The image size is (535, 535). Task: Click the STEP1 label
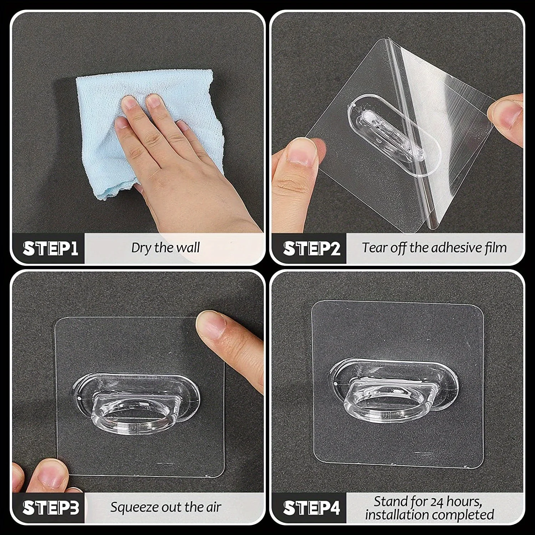pyautogui.click(x=51, y=249)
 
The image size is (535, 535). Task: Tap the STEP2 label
pyautogui.click(x=312, y=249)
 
